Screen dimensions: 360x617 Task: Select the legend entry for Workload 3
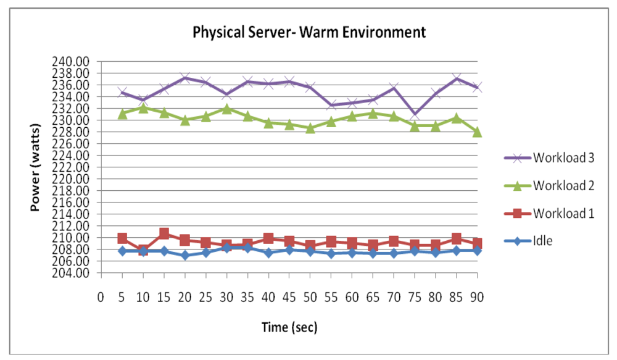tap(563, 157)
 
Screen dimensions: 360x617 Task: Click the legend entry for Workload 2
tap(563, 185)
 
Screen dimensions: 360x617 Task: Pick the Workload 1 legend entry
tap(563, 213)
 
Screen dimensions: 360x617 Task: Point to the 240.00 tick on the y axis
tap(73, 61)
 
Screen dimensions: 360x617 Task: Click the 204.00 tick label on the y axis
tap(73, 273)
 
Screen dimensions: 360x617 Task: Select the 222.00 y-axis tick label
tap(73, 167)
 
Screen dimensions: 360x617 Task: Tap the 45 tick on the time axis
tap(289, 297)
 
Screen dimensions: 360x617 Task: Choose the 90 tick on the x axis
tap(476, 297)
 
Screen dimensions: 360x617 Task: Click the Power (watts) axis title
tap(36, 167)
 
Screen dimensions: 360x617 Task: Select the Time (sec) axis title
tap(289, 328)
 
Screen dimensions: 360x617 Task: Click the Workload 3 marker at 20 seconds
tap(184, 78)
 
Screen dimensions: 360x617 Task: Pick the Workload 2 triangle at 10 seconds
tap(143, 108)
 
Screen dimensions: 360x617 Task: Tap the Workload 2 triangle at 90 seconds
tap(476, 132)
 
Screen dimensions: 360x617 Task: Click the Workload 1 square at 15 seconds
tap(164, 233)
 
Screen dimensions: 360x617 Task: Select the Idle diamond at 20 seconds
tap(184, 255)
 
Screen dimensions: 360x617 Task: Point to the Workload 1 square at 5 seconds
tap(122, 238)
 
